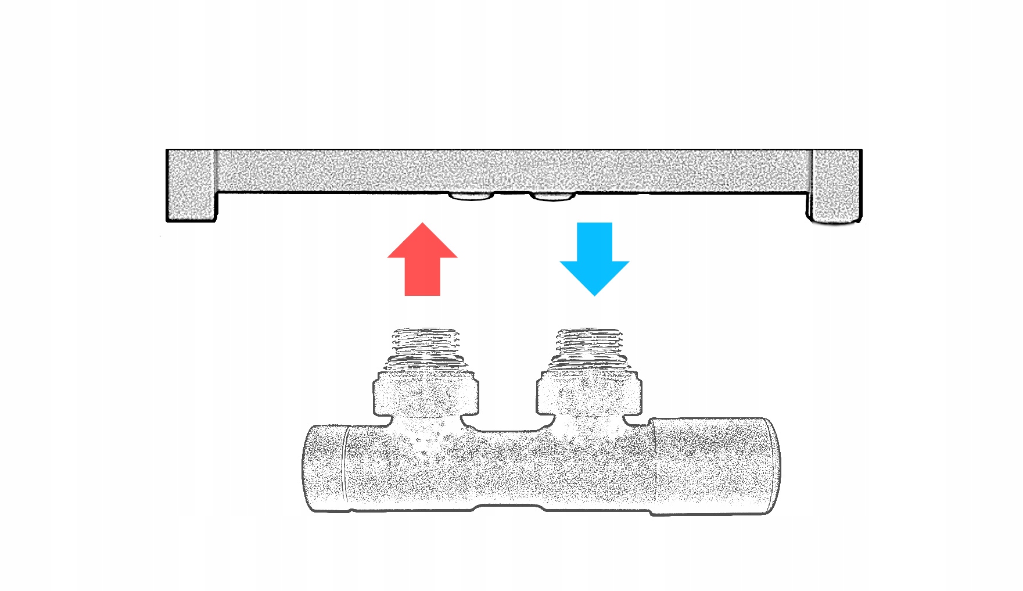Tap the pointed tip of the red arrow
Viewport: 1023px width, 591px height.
pyautogui.click(x=422, y=224)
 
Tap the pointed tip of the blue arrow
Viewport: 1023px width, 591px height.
pyautogui.click(x=594, y=294)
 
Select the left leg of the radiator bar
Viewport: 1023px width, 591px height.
pyautogui.click(x=191, y=185)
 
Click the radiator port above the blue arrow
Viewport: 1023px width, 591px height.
pyautogui.click(x=552, y=196)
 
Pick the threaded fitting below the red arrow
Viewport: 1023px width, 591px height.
pyautogui.click(x=426, y=348)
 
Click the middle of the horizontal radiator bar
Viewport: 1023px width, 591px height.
pyautogui.click(x=514, y=171)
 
